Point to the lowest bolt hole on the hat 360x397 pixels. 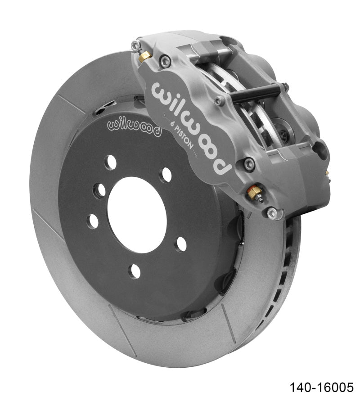(x=134, y=271)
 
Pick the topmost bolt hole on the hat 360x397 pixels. (x=110, y=162)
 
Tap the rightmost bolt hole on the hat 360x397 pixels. (x=181, y=244)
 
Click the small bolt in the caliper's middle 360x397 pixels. (x=219, y=101)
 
